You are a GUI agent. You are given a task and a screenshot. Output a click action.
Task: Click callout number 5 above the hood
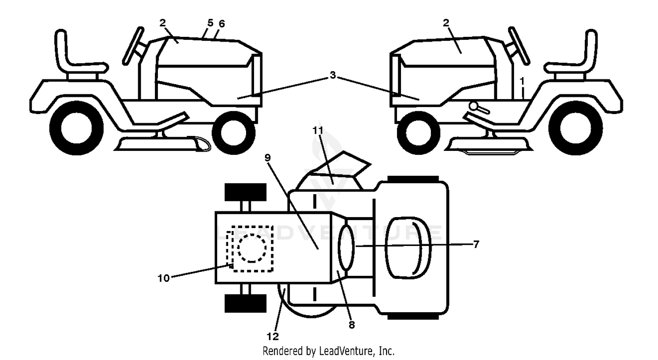[210, 23]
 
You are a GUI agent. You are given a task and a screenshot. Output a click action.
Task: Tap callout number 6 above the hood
[222, 24]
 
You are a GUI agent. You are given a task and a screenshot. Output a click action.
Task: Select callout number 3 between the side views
[333, 75]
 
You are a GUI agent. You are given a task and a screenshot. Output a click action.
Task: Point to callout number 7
[476, 244]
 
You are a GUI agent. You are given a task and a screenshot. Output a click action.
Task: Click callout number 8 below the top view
[352, 324]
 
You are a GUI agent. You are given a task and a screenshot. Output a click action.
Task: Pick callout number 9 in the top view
[267, 158]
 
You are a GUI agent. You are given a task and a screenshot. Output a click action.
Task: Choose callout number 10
[164, 278]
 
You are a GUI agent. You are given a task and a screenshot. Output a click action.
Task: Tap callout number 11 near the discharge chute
[318, 130]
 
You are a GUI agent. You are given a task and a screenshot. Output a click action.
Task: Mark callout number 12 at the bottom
[272, 336]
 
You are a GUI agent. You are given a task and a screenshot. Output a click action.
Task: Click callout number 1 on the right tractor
[522, 81]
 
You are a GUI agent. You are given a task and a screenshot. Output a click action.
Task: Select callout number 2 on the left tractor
[163, 23]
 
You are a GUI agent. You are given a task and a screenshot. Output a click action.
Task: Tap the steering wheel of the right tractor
[519, 46]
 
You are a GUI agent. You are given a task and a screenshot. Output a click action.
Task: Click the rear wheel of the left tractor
[76, 128]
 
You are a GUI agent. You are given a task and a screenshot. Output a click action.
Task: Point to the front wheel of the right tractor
[418, 133]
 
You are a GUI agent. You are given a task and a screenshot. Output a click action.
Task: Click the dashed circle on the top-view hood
[252, 248]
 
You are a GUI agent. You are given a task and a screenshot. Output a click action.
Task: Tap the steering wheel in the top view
[347, 248]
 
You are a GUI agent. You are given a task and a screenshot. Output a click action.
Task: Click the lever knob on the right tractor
[473, 106]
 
